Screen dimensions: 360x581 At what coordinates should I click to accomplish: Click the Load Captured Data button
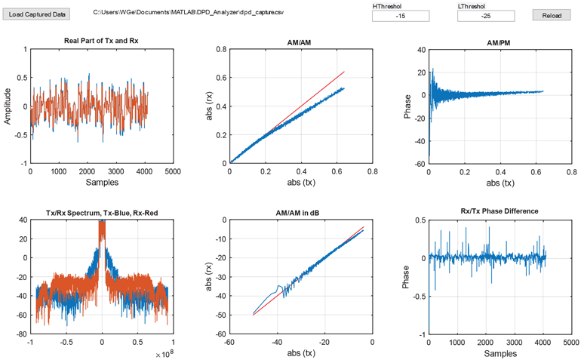coord(38,14)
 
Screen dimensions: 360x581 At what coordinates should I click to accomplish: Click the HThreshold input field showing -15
coord(401,16)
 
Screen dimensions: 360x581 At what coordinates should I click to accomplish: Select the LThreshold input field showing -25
coord(486,16)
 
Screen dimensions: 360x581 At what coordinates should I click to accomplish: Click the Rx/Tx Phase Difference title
coord(500,211)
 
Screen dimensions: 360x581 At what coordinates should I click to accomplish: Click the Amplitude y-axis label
coord(8,106)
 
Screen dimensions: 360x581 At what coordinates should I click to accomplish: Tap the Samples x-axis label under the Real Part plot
coord(101,183)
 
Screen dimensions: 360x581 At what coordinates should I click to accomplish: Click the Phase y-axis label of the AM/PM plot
coord(407,106)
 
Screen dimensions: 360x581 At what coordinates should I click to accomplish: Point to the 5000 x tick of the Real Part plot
coord(173,171)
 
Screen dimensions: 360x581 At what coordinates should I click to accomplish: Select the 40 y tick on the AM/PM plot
coord(421,49)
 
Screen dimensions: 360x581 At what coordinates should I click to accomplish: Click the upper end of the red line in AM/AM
coord(344,72)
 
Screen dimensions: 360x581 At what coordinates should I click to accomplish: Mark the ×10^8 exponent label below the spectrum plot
coord(163,353)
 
